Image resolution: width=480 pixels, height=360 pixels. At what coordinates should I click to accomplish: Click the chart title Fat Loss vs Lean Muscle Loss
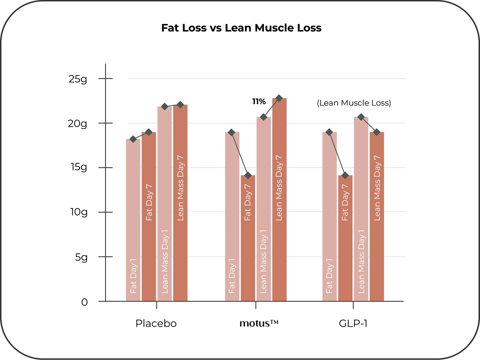click(x=241, y=28)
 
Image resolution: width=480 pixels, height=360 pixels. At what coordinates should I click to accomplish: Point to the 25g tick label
click(x=78, y=79)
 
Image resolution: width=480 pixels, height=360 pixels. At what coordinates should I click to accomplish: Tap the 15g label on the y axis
click(x=78, y=167)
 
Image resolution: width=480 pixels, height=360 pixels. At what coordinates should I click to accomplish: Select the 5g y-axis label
click(x=81, y=257)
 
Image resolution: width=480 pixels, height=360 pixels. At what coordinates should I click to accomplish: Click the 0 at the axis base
click(x=84, y=302)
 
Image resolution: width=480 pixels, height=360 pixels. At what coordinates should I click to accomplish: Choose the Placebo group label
click(x=156, y=323)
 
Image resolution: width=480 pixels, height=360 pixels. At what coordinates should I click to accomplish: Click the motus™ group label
click(x=259, y=323)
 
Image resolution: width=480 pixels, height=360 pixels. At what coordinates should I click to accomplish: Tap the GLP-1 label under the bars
click(x=353, y=323)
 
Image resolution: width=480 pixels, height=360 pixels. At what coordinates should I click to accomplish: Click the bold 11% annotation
click(x=259, y=102)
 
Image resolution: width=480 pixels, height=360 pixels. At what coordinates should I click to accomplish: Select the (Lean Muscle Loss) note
click(x=354, y=103)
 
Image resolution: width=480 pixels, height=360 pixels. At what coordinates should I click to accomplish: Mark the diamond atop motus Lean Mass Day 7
click(x=279, y=98)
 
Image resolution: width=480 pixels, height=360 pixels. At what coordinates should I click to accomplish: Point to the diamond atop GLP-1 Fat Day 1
click(x=330, y=132)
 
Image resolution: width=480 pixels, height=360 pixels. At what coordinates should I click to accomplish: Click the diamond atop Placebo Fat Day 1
click(x=133, y=139)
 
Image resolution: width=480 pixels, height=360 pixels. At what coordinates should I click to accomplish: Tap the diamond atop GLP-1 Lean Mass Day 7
click(x=376, y=132)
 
